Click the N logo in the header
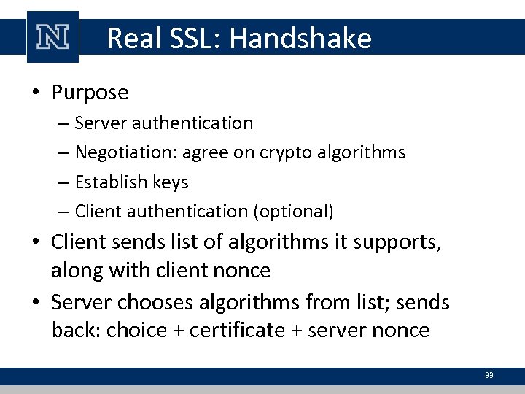52,36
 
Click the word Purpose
90,93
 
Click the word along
77,271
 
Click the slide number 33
489,375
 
